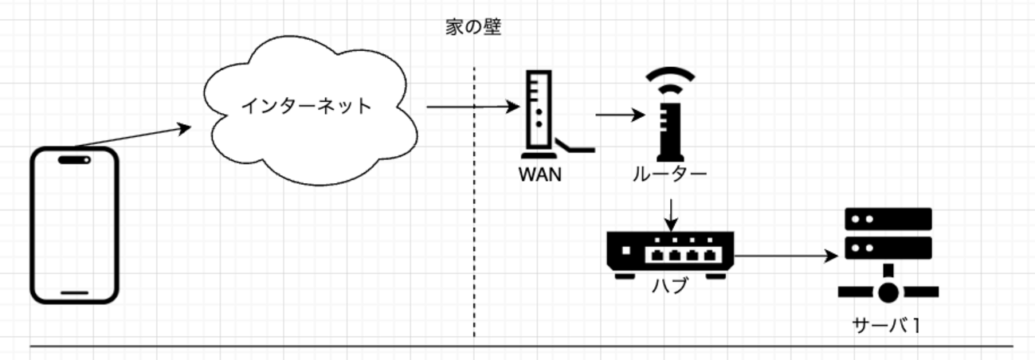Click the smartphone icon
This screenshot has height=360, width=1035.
(74, 225)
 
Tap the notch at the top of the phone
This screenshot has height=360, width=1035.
(74, 159)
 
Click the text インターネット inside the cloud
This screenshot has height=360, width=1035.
(308, 105)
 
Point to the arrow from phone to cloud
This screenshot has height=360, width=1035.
(132, 136)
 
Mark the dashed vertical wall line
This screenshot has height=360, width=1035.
(475, 239)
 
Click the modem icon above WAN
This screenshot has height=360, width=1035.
(539, 115)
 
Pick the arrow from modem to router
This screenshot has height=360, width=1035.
(619, 114)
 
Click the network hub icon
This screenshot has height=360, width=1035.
(669, 253)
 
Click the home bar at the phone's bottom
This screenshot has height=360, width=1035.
(74, 292)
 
